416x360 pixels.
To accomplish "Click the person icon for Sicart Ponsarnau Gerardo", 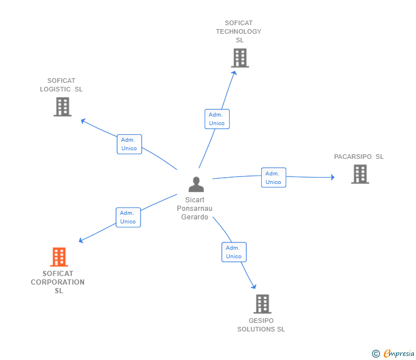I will tap(196, 184).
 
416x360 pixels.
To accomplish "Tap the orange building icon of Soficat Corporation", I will tap(59, 257).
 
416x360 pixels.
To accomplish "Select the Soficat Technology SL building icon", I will tap(240, 58).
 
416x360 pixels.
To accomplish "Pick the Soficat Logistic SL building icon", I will tap(62, 106).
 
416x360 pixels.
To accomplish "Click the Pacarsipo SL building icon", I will tap(360, 174).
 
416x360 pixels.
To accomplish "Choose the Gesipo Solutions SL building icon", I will tap(262, 303).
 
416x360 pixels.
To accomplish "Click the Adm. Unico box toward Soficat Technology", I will tap(217, 119).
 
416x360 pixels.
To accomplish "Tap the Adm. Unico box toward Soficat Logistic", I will tap(129, 144).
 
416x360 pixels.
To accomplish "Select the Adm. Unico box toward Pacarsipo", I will tap(273, 178).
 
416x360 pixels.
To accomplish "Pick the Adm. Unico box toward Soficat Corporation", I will tap(128, 217).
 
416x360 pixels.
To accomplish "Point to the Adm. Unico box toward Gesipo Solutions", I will tap(234, 252).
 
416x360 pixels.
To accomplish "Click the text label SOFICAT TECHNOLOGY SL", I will tap(239, 31).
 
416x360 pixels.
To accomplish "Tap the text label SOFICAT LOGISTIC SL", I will tap(61, 85).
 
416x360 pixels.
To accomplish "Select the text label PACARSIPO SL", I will tap(359, 157).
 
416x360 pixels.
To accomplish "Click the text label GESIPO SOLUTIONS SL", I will tap(261, 325).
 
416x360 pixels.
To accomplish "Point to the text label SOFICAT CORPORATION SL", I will tap(58, 282).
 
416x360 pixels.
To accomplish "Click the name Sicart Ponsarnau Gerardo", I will tap(195, 209).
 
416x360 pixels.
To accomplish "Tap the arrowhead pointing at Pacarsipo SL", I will tap(332, 177).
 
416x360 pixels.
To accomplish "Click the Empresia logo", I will tap(399, 354).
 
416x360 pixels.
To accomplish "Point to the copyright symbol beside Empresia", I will tap(376, 354).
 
